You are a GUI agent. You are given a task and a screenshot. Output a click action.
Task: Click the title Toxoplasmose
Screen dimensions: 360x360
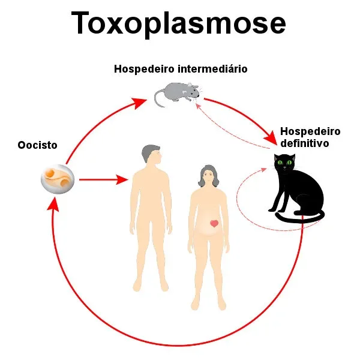tap(178, 23)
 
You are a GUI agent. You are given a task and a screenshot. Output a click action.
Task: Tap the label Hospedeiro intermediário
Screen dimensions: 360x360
tap(181, 69)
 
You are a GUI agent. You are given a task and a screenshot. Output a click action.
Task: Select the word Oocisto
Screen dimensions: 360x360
tap(37, 145)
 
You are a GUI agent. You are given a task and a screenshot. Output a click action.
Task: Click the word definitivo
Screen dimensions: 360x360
tap(305, 143)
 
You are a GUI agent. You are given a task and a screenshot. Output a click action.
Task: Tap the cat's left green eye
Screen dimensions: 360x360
tap(280, 163)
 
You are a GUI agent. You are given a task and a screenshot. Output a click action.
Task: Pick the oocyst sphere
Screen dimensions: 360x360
tap(58, 179)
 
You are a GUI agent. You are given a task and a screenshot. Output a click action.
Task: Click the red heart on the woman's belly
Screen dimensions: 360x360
tap(214, 223)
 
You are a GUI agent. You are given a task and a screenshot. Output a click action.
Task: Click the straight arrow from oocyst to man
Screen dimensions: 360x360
tap(104, 179)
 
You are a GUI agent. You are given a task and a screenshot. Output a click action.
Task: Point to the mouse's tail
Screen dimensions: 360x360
tap(158, 99)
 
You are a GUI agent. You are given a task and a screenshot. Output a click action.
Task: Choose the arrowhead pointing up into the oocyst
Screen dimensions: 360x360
tap(53, 205)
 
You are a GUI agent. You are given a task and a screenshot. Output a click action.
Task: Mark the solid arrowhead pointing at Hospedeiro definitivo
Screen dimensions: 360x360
tap(271, 138)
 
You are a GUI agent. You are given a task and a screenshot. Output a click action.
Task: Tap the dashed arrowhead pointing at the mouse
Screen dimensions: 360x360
tap(198, 106)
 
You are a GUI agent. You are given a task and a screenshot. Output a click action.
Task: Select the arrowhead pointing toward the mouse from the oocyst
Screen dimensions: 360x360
tap(139, 103)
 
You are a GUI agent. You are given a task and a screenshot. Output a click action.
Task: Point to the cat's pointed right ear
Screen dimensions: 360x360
tap(292, 157)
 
